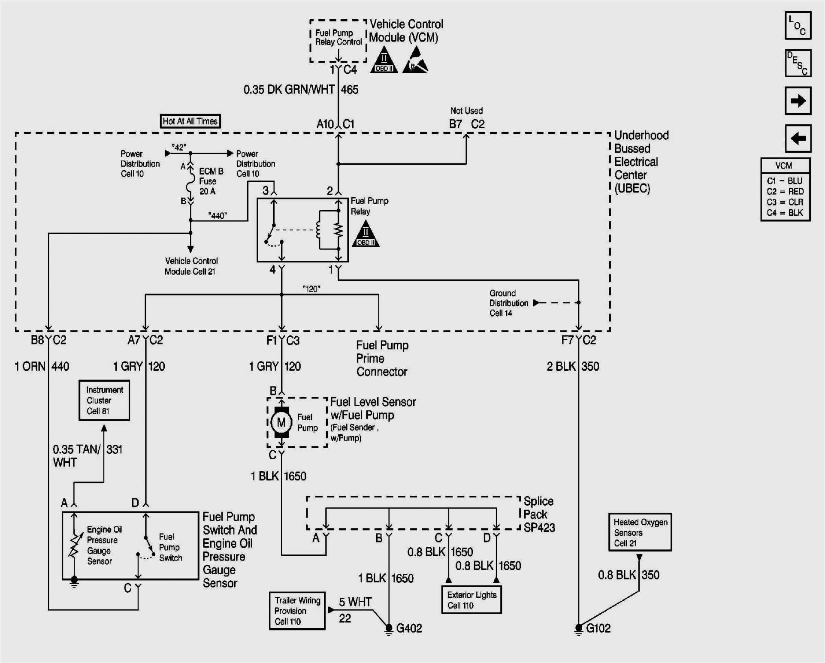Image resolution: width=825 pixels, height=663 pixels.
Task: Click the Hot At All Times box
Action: pos(190,121)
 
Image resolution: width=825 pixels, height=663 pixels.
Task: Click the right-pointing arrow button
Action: pos(798,101)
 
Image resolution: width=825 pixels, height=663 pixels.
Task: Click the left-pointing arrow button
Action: pos(798,139)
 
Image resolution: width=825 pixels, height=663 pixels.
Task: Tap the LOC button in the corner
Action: pos(798,26)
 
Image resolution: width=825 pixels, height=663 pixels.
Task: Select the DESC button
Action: pos(798,63)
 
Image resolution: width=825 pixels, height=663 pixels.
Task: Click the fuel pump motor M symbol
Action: pos(281,422)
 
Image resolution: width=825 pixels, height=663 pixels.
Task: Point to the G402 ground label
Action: pos(408,628)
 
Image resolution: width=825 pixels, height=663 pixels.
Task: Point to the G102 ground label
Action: pos(598,628)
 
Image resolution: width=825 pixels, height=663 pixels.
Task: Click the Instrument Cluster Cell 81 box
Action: pos(104,401)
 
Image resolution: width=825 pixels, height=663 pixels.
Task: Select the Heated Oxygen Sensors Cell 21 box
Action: pos(640,532)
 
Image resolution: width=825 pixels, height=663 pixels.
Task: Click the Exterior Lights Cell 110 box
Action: pos(471,600)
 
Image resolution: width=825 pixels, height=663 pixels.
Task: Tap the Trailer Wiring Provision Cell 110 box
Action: pos(297,611)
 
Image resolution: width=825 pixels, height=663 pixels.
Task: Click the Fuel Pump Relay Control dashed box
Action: pos(338,40)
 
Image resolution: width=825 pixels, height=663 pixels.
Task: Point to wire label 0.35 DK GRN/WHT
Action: pos(289,90)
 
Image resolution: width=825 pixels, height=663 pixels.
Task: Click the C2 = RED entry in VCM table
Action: pos(785,192)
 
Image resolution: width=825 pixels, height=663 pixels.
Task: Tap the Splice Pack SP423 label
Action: pos(538,514)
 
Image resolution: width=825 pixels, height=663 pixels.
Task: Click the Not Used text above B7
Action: pos(466,111)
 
